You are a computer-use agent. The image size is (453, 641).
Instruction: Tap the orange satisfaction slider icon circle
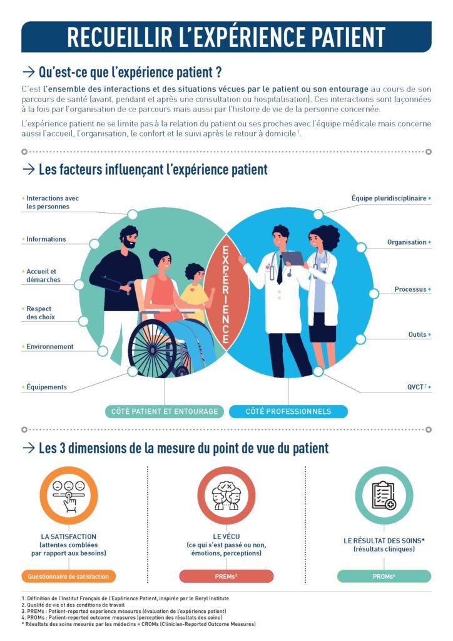tap(69, 496)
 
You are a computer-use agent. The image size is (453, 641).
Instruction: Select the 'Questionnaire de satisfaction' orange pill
tap(69, 577)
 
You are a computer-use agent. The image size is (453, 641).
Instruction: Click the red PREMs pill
tap(227, 577)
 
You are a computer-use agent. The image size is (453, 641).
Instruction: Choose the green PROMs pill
tap(384, 577)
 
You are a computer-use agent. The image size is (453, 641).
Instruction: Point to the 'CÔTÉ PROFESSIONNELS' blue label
tap(288, 411)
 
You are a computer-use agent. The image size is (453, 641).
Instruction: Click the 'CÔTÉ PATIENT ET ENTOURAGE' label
tap(165, 411)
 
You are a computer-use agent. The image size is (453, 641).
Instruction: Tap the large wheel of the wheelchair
tap(153, 348)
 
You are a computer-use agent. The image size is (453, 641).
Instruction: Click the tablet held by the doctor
tap(293, 259)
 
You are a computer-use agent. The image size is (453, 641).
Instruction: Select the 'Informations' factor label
tap(46, 239)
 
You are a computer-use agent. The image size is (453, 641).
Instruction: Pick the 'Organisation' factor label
tap(407, 242)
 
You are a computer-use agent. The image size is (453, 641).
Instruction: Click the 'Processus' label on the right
tap(410, 289)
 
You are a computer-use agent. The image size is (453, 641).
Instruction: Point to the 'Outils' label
tap(417, 334)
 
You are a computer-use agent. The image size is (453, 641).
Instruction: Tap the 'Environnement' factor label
tap(50, 347)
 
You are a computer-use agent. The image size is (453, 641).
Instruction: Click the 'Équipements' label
tap(46, 387)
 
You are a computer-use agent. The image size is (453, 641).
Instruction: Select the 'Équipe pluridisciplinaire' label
tap(389, 198)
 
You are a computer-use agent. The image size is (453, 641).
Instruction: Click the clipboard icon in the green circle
tap(384, 496)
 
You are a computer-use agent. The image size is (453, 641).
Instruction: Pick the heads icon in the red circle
tap(227, 496)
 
